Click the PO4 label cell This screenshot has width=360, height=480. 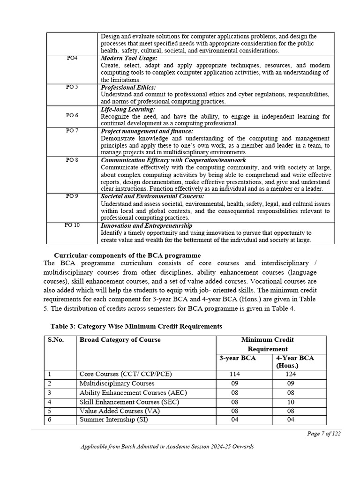pos(72,58)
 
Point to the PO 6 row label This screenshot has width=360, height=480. pos(72,115)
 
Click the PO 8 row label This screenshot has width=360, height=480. pos(72,160)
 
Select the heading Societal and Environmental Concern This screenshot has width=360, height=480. pos(152,196)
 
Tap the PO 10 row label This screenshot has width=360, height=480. pos(72,225)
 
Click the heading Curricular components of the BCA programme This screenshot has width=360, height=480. pos(127,255)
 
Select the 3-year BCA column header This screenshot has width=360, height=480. pos(235,358)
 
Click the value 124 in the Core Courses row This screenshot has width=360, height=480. pos(291,374)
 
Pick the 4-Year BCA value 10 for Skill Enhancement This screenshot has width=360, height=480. pos(291,402)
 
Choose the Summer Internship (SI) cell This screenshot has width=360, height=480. pos(113,420)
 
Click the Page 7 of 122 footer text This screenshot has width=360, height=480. pos(323,434)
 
